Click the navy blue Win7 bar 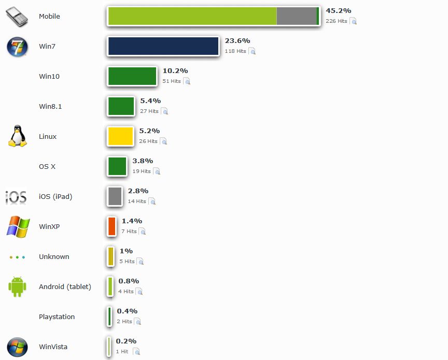tap(163, 46)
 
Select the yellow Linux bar tap(120, 136)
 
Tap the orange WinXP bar tap(111, 226)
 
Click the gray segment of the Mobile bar tap(296, 16)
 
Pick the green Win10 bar tap(132, 76)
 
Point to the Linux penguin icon tap(17, 136)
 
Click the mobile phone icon tap(17, 17)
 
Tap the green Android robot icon tap(17, 286)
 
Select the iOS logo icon tap(16, 197)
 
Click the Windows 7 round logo tap(17, 47)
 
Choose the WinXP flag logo tap(18, 227)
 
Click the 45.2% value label tap(338, 10)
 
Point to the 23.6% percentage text tap(237, 40)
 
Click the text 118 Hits tap(235, 51)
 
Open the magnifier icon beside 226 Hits tap(353, 21)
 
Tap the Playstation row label tap(57, 316)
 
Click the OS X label tap(47, 166)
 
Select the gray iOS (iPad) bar tap(115, 196)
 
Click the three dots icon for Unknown tap(17, 257)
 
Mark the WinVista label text tap(53, 347)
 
